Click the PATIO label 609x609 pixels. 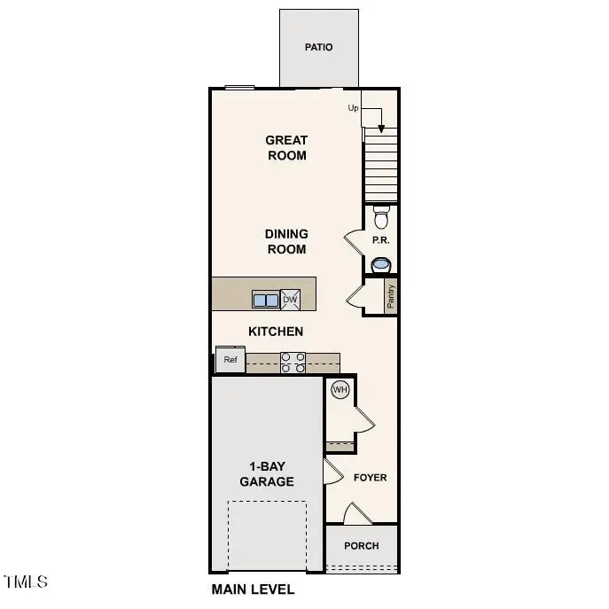coord(318,47)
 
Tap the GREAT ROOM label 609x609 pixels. coord(286,147)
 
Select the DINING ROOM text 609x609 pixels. coord(286,241)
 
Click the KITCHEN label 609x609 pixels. coord(275,332)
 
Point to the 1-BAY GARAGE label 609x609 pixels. coord(266,474)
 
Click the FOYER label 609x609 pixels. coord(371,478)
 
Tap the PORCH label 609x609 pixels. coord(361,546)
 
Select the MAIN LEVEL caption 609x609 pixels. coord(253,589)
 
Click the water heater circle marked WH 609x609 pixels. coord(340,389)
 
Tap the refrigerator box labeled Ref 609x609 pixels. coord(230,360)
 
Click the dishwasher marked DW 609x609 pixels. coord(290,300)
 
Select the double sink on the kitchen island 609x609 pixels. coord(265,300)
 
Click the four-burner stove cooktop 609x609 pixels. coord(293,363)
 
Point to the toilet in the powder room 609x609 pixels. coord(381,217)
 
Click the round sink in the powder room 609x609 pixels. coord(381,263)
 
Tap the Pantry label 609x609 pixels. coord(390,296)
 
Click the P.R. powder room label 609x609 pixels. coord(381,240)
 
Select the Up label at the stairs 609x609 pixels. coord(354,108)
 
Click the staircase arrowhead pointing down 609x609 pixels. coord(381,128)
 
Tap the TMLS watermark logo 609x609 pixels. coord(27,582)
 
